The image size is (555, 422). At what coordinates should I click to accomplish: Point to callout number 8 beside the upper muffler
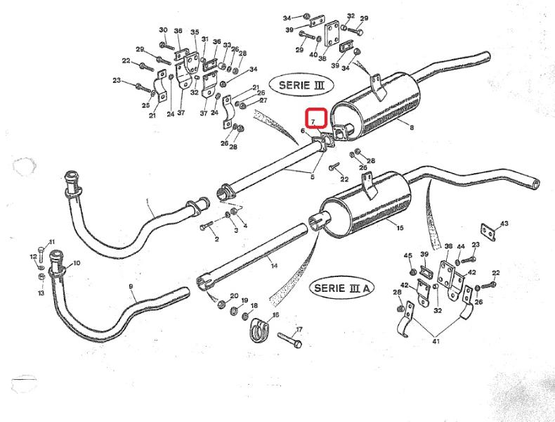pos(412,129)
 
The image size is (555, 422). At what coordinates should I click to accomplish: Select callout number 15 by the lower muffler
pos(399,228)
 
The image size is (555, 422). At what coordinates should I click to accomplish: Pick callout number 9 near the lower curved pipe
pos(131,287)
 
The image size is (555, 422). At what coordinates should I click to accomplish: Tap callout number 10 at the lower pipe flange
pos(77,263)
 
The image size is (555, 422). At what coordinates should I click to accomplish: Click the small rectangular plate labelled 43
pos(486,231)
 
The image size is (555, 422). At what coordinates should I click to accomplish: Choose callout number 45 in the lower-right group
pos(407,255)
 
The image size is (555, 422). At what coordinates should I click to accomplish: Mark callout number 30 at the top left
pos(163,30)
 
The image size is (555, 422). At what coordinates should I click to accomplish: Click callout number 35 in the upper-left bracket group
pos(195,32)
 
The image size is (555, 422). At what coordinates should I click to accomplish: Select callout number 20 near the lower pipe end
pos(234,296)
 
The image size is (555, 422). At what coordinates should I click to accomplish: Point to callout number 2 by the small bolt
pos(216,239)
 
